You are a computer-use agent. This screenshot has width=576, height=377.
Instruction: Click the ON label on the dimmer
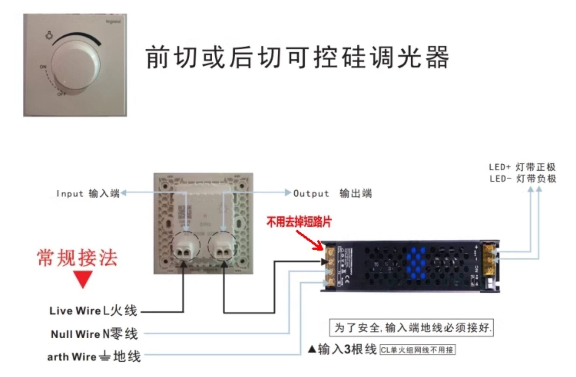(43, 67)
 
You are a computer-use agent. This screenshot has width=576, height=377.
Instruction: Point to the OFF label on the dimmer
(62, 94)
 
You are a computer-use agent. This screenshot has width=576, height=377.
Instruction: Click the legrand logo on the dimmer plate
(113, 22)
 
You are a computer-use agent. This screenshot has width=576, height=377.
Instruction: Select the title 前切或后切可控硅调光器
(297, 57)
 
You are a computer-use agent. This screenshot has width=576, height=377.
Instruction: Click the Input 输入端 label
(88, 193)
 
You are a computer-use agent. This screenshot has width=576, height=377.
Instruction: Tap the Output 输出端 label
(332, 193)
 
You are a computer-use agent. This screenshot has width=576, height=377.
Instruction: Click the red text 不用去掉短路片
(299, 222)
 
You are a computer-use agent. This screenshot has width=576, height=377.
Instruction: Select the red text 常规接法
(77, 258)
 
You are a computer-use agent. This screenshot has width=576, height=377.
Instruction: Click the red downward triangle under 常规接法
(83, 279)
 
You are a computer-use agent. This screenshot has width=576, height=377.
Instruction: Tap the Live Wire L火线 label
(93, 311)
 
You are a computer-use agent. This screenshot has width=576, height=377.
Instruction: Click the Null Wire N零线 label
(94, 334)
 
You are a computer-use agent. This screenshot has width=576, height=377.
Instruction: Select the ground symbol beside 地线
(105, 357)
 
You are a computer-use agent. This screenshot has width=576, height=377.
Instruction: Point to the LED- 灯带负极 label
(523, 179)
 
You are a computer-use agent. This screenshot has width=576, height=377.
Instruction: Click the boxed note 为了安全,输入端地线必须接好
(411, 328)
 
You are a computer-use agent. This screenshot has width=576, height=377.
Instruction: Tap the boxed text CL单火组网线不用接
(417, 350)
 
